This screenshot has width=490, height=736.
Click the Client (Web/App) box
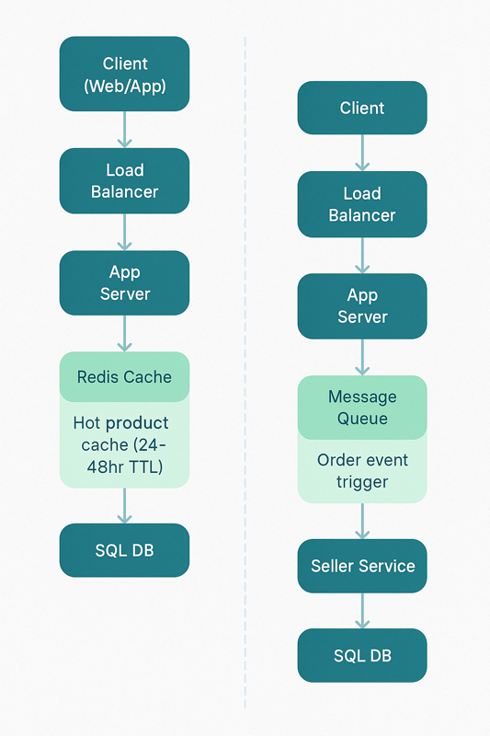tap(124, 75)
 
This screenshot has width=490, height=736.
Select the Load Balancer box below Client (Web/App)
tap(124, 181)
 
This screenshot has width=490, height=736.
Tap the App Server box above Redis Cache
tap(124, 283)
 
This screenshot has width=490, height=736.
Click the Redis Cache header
tap(124, 376)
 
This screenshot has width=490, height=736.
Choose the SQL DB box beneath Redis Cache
tap(124, 550)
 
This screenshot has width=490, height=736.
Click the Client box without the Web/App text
tap(362, 108)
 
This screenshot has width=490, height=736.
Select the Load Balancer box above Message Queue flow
tap(362, 204)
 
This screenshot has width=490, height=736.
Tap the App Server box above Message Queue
tap(362, 306)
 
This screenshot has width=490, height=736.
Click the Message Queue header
tap(362, 408)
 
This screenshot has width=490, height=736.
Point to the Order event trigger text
tap(362, 471)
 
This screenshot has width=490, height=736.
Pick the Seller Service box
tap(362, 566)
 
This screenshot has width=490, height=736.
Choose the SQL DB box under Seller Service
tap(362, 655)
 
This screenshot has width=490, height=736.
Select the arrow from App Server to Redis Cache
tap(124, 334)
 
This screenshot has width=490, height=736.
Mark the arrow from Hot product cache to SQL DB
tap(124, 505)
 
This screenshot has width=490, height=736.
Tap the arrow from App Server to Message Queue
tap(362, 357)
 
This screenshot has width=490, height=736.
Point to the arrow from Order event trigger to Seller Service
tap(362, 521)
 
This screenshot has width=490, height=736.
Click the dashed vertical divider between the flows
tap(245, 368)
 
